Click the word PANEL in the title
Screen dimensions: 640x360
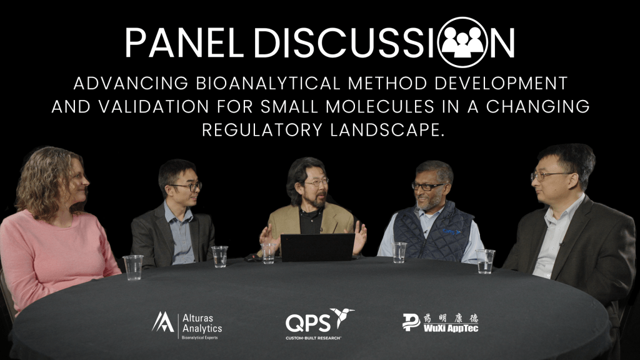(184, 42)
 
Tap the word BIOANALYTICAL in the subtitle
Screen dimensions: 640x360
(267, 83)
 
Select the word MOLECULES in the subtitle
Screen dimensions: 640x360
(379, 106)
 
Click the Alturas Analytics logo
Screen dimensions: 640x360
(187, 326)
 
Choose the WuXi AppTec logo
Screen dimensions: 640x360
(440, 322)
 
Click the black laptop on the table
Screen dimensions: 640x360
(317, 247)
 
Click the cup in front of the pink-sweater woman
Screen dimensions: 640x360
(133, 267)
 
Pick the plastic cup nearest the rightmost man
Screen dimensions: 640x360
(485, 261)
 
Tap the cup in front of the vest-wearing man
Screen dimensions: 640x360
(399, 252)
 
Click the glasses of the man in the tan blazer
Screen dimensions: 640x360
(316, 182)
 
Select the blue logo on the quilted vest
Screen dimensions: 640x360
(451, 231)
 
